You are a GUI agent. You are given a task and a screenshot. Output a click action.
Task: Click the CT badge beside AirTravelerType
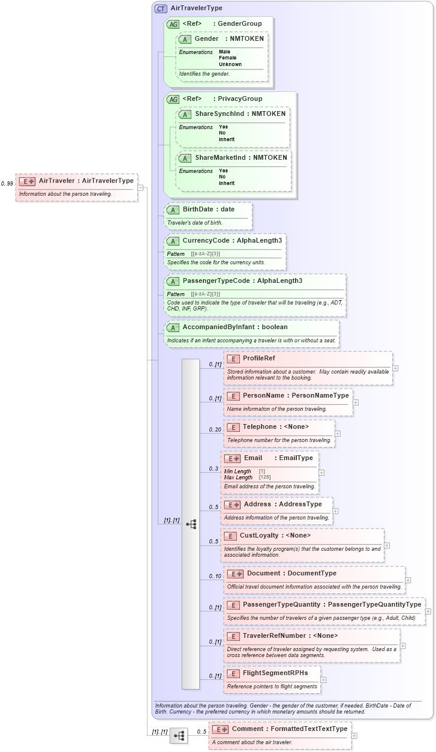point(161,8)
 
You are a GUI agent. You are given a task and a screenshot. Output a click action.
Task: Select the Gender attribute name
point(206,38)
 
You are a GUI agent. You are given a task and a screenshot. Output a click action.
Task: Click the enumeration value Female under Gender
point(227,58)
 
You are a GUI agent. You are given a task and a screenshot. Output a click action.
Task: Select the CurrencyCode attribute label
point(206,240)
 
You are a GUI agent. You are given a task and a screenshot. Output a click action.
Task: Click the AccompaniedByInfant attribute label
point(217,327)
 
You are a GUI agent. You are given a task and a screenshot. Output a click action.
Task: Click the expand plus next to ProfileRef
point(395,368)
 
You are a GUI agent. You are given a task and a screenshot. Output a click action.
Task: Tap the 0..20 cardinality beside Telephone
point(215,429)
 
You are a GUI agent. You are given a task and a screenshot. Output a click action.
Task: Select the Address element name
point(257,504)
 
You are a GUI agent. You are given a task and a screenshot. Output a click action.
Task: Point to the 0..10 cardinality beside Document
point(215,576)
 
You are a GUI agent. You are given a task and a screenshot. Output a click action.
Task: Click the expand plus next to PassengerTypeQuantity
point(428,611)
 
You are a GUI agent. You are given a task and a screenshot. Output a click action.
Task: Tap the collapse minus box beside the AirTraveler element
point(140,187)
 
